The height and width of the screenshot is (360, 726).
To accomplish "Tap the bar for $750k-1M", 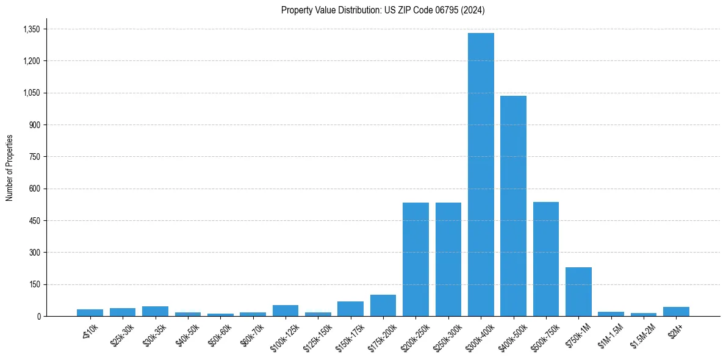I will pos(578,292).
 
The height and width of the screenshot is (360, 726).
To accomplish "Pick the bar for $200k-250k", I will pos(415,259).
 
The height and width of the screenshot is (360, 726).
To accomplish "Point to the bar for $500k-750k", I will pos(546,259).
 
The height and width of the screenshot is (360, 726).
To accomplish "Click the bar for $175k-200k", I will pos(383,306).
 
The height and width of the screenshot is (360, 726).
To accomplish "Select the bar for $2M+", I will pos(676,311).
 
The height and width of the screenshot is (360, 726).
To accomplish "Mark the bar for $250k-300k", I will pos(448,259).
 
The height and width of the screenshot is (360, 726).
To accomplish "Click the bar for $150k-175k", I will pos(350,309).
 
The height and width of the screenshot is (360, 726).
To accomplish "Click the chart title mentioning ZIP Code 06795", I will pos(383,10).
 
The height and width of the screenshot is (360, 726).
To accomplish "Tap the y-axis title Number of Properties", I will pos(10,168).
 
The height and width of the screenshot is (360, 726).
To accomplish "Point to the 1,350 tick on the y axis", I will pos(31,29).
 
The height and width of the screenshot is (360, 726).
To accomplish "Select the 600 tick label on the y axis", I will pos(34,189).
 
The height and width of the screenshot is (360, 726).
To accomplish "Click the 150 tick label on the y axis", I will pos(34,284).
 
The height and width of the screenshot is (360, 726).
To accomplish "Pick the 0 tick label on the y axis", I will pos(38,316).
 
